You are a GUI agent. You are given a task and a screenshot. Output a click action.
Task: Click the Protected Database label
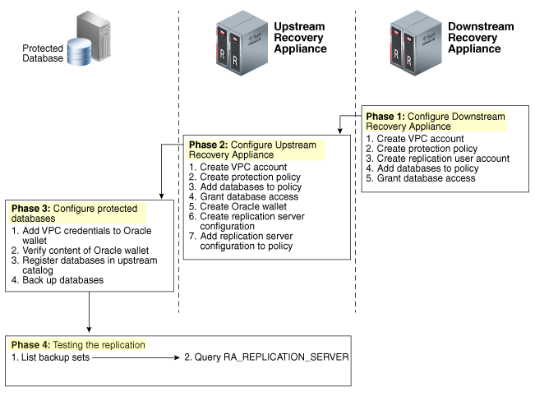pyautogui.click(x=42, y=53)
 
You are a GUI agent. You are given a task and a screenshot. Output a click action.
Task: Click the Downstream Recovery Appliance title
pyautogui.click(x=481, y=38)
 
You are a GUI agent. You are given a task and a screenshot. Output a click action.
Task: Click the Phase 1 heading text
pyautogui.click(x=436, y=121)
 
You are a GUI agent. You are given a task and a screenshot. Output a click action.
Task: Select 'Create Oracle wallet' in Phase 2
pyautogui.click(x=238, y=206)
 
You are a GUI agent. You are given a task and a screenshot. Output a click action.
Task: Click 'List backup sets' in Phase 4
pyautogui.click(x=51, y=358)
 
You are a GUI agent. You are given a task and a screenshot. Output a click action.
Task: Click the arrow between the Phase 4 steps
pyautogui.click(x=135, y=358)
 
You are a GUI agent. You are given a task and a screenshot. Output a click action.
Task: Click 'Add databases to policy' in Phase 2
pyautogui.click(x=243, y=186)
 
